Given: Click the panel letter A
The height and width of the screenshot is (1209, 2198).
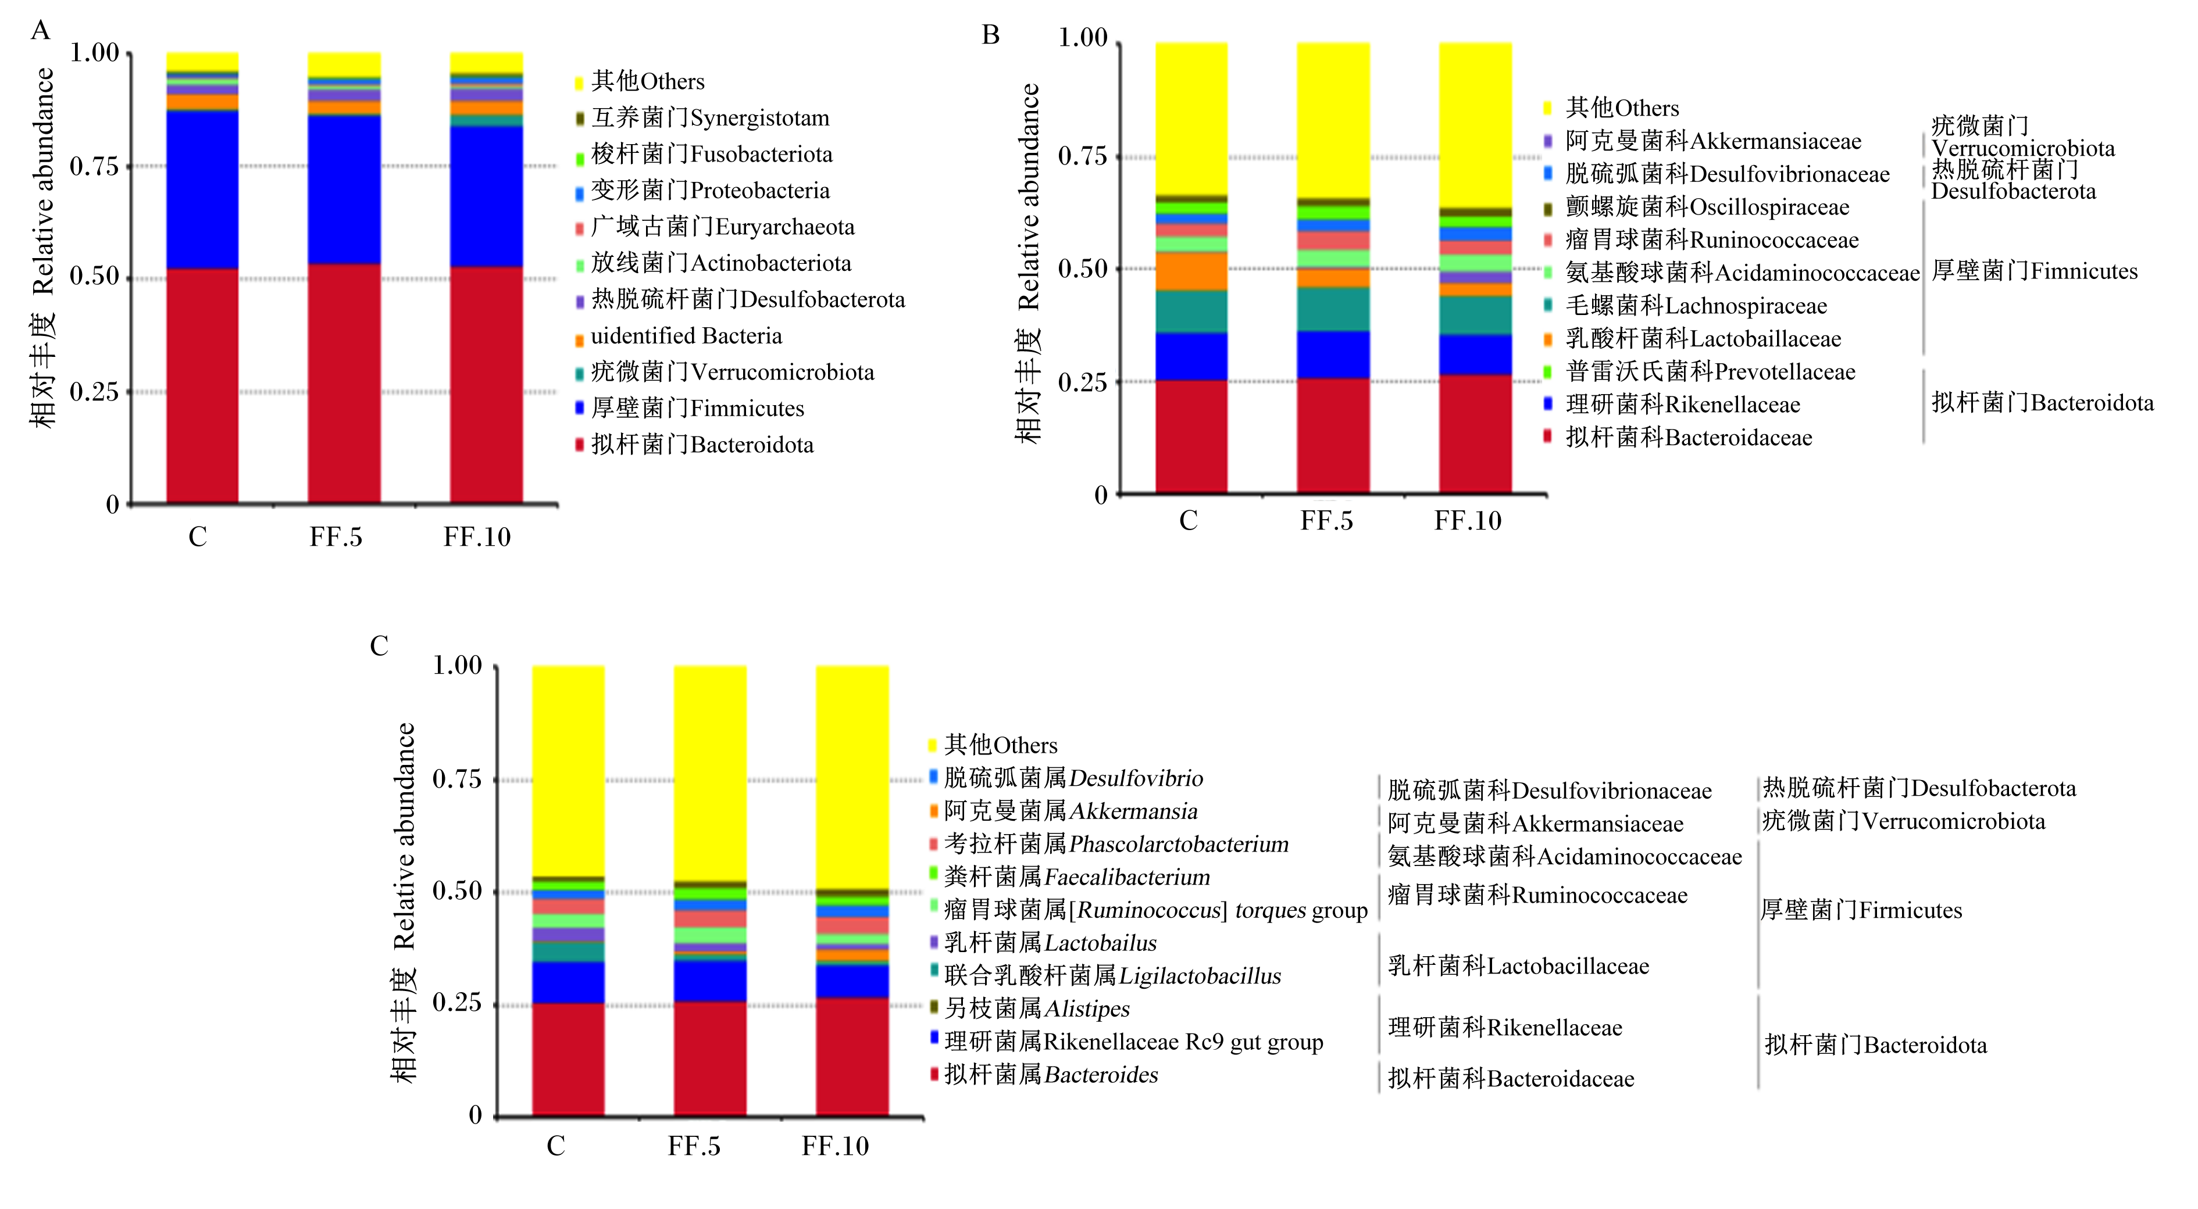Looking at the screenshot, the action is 40,31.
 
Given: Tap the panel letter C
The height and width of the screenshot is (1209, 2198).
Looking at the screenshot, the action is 379,646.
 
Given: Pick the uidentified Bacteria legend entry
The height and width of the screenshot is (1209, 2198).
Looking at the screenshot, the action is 679,336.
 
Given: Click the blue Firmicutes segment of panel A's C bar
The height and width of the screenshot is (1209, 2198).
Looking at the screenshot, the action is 202,189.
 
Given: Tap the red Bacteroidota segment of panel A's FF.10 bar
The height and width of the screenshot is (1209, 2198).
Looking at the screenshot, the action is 486,385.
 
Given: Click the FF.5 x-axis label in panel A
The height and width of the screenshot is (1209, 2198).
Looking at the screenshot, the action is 336,536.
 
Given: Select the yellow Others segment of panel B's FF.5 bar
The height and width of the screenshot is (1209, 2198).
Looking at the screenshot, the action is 1333,120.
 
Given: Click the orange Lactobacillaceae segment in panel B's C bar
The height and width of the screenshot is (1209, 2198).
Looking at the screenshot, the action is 1191,271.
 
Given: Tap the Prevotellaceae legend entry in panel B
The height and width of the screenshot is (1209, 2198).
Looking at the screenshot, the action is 1699,372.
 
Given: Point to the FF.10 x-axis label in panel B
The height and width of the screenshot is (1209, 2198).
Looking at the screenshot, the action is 1468,520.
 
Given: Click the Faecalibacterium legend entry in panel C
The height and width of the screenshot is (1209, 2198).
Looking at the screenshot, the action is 1070,877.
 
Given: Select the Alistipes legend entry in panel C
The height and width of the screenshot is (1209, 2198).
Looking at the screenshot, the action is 1029,1008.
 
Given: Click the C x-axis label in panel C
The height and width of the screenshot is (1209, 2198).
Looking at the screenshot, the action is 555,1146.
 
